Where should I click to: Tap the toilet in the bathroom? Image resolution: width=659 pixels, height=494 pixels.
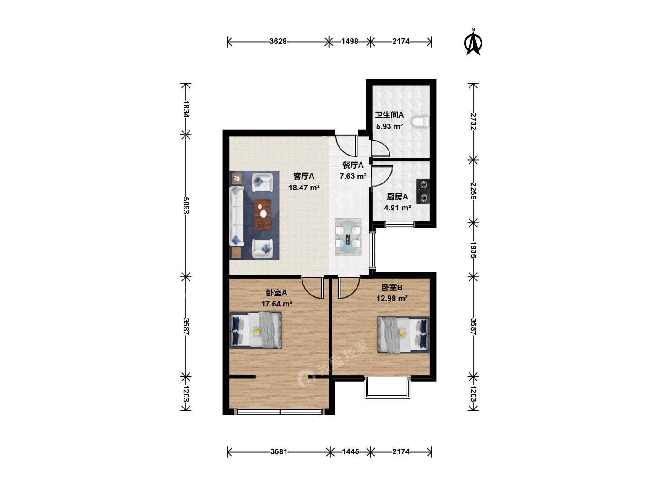[420, 122]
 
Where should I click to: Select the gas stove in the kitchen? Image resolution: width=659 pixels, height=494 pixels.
[423, 191]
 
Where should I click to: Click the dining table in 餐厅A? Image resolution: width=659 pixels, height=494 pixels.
[348, 236]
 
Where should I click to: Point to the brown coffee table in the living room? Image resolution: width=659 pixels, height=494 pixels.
[262, 215]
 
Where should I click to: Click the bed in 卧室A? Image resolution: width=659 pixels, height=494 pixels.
[255, 330]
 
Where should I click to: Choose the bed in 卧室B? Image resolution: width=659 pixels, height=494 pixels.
[403, 334]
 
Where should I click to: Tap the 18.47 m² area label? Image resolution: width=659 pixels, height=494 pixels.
[304, 188]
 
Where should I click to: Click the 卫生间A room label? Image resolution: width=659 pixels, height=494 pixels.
[389, 115]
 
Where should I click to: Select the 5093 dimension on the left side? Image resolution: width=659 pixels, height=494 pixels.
[186, 205]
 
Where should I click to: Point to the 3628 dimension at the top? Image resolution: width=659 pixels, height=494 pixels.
[278, 41]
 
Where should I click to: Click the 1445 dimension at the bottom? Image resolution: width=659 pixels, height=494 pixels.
[351, 452]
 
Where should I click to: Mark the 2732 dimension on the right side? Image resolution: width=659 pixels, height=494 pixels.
[473, 121]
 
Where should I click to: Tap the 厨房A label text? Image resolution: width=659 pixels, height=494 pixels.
[397, 197]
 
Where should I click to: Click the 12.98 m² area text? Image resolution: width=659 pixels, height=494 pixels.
[392, 298]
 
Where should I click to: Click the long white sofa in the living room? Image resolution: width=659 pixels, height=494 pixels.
[237, 216]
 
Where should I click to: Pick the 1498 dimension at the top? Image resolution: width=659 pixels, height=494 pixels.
[350, 41]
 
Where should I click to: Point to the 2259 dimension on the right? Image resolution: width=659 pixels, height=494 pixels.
[473, 191]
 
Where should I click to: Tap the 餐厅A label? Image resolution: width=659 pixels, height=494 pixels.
[353, 165]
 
